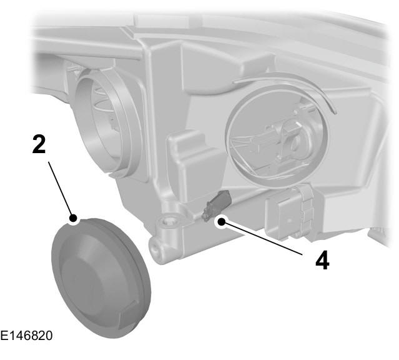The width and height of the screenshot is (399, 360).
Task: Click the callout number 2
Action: click(x=39, y=144)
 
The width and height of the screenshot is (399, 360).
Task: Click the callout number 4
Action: click(x=322, y=260)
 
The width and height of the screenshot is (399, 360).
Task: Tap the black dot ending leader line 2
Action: click(x=73, y=218)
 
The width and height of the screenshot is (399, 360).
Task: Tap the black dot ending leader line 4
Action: click(x=222, y=222)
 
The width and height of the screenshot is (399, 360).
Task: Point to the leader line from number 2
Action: click(x=60, y=189)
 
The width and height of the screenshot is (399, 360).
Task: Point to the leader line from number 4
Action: click(x=262, y=238)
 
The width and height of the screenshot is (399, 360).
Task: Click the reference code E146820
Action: click(x=26, y=336)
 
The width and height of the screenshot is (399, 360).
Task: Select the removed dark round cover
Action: click(x=101, y=278)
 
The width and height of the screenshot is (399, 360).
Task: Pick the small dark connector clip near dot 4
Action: click(x=216, y=204)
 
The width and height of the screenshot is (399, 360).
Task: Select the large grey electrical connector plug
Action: click(x=290, y=212)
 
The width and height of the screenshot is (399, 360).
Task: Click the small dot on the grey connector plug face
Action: click(x=289, y=219)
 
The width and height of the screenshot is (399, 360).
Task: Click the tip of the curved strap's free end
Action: click(x=336, y=112)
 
